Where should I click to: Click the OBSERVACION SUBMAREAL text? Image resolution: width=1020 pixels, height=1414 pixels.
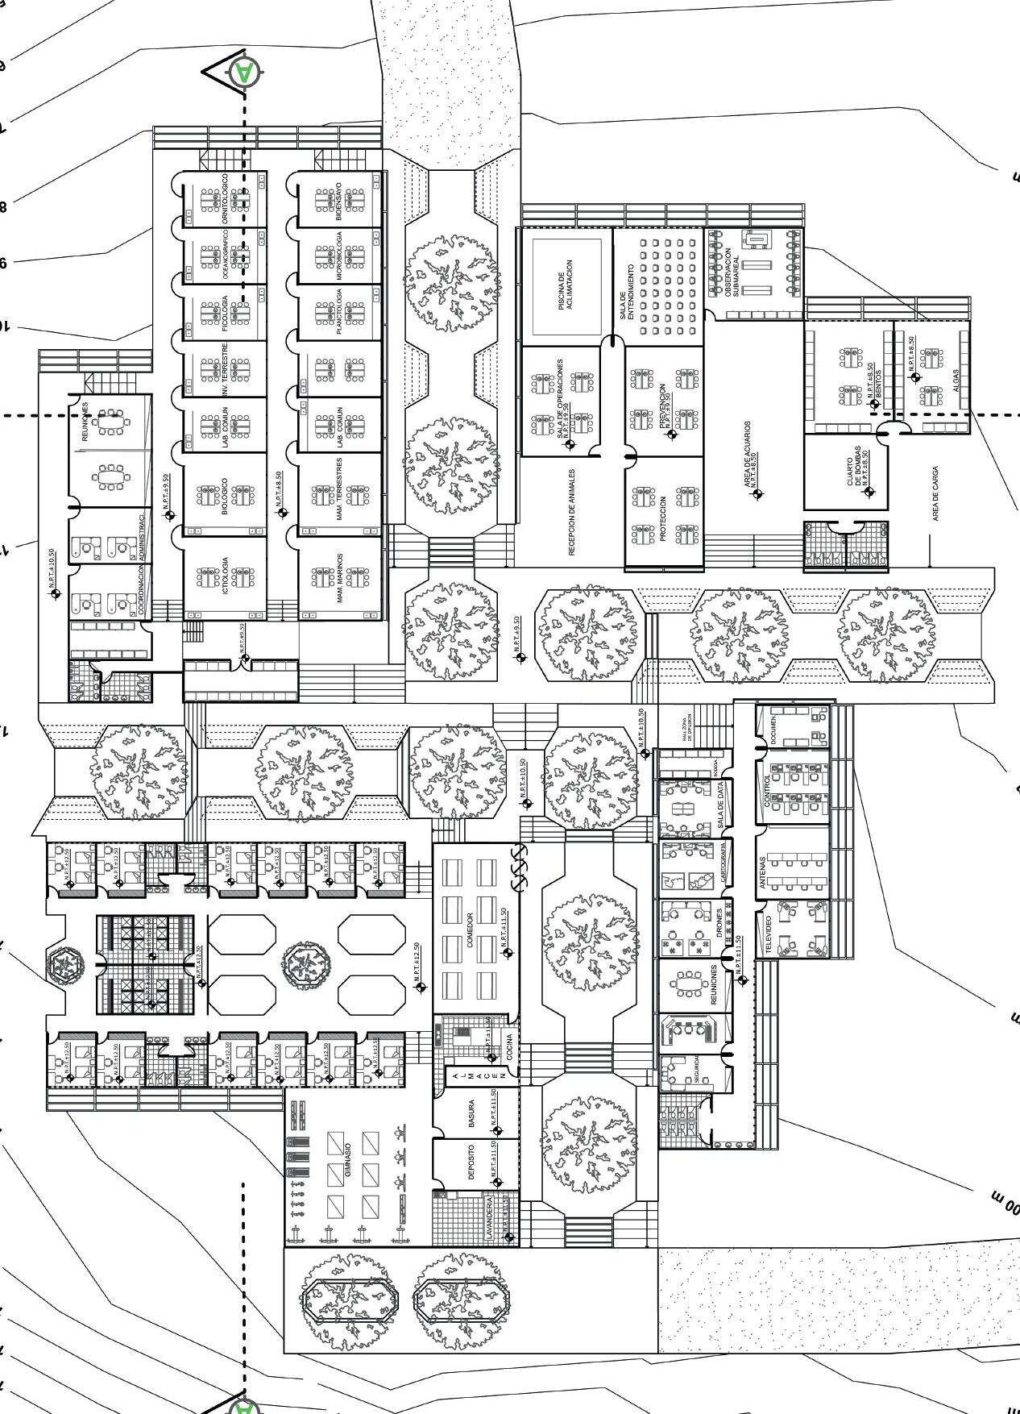tap(730, 274)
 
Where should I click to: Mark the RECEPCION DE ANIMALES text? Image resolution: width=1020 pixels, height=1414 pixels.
tap(572, 512)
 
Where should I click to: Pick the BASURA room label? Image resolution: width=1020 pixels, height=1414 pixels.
tap(471, 1112)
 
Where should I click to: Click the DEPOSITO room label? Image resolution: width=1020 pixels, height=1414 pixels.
tap(471, 1162)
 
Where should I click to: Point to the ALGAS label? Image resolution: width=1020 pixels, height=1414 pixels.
tap(956, 380)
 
